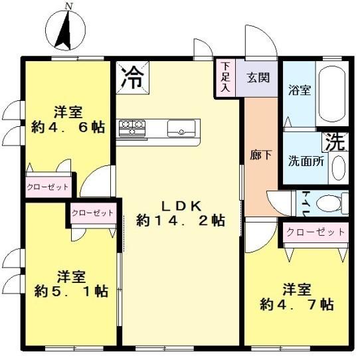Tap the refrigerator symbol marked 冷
132,78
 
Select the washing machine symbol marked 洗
335,141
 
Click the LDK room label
179,204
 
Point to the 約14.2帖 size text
180,220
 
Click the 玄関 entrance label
258,78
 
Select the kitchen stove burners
132,126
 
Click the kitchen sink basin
180,127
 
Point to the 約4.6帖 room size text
68,128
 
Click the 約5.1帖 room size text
71,291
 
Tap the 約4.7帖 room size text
296,304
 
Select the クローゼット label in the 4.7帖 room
315,232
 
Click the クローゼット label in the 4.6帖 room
48,187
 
